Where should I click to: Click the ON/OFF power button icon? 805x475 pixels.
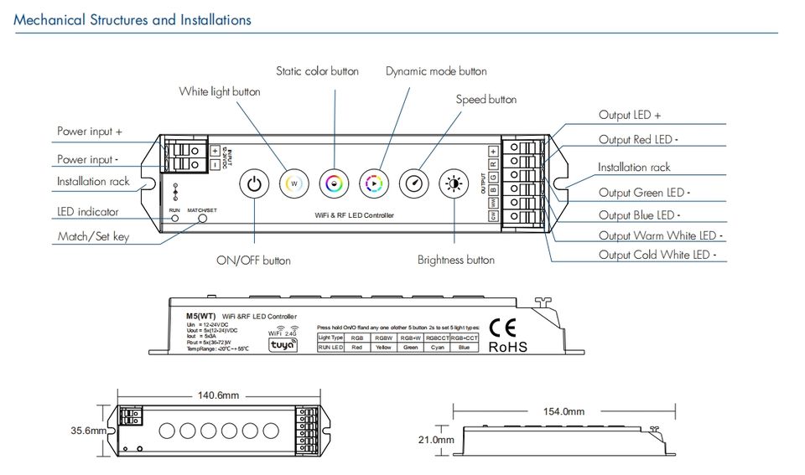click(x=254, y=183)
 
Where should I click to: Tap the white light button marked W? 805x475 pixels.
click(x=293, y=183)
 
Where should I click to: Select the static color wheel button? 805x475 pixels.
click(x=334, y=183)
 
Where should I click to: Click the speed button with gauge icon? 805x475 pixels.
click(x=414, y=183)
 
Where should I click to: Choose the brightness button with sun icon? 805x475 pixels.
click(x=454, y=183)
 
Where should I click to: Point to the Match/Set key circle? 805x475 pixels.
click(x=203, y=219)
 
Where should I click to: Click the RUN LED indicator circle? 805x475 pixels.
click(x=175, y=219)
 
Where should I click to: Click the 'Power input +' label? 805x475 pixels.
click(x=90, y=132)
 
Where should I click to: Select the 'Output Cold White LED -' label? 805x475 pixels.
click(x=662, y=256)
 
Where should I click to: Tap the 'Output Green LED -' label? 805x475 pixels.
click(x=641, y=193)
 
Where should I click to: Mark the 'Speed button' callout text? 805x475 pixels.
click(x=486, y=100)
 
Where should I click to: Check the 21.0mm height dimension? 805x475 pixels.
click(x=437, y=439)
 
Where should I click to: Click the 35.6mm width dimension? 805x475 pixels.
click(x=86, y=431)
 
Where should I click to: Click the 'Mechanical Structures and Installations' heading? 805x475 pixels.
click(x=132, y=19)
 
